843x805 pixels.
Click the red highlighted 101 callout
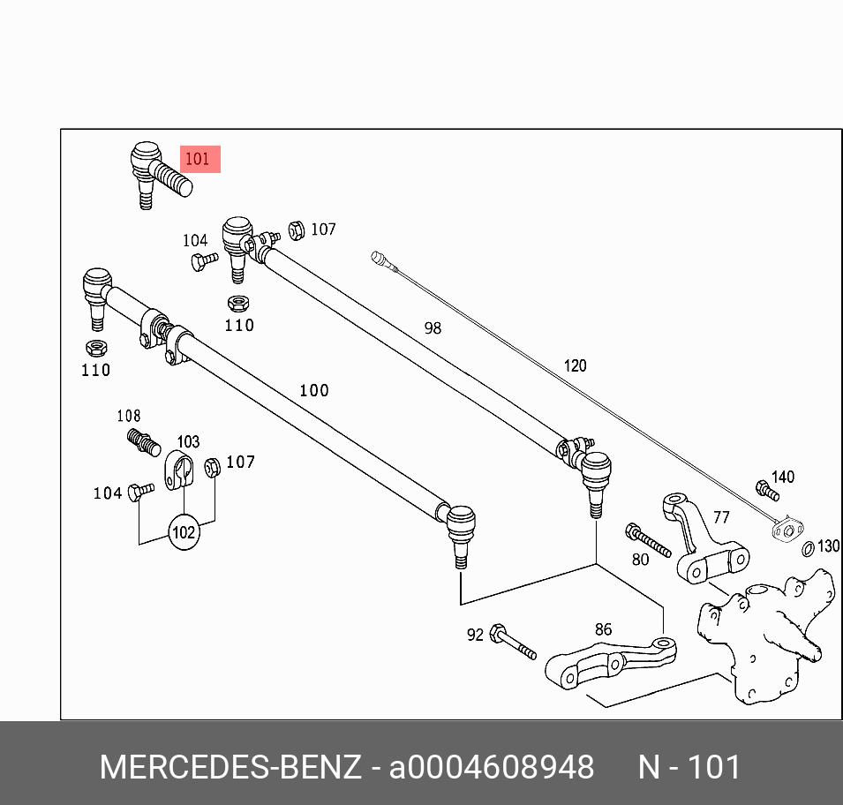tap(198, 160)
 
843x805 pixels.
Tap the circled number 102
tap(184, 533)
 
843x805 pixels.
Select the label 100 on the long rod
tap(313, 390)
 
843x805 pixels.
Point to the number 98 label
tap(432, 327)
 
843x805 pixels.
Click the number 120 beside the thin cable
tap(575, 365)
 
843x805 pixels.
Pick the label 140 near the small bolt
tap(783, 477)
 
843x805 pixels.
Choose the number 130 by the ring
tap(828, 546)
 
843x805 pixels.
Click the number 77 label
tap(721, 517)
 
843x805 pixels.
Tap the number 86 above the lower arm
tap(603, 630)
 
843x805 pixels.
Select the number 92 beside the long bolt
tap(475, 635)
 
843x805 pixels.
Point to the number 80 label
tap(640, 559)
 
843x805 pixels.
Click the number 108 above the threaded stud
tap(129, 416)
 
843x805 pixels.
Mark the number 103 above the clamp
tap(188, 441)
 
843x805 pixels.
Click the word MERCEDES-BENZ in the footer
tap(230, 767)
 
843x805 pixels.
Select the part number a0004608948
tap(492, 767)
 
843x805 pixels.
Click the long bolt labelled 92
tap(513, 642)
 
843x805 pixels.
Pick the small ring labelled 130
tap(808, 551)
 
